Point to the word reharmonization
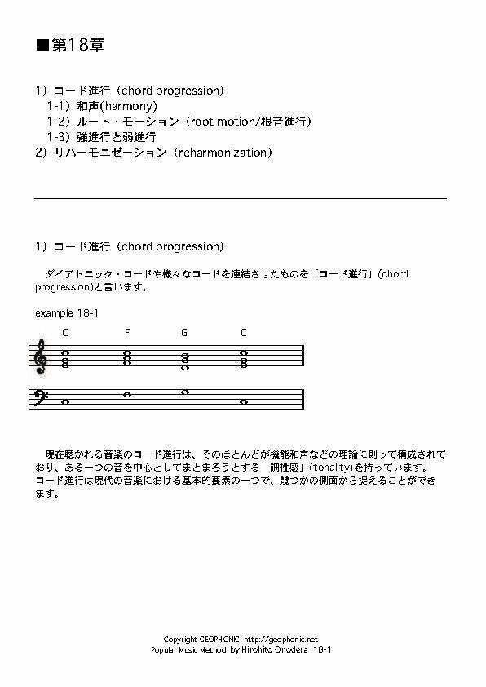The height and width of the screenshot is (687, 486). tap(221, 153)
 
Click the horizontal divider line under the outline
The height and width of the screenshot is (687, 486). tap(241, 198)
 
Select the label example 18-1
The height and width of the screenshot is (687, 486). tap(68, 312)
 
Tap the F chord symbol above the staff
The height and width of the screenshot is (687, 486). tap(127, 333)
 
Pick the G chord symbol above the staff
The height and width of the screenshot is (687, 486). tap(184, 333)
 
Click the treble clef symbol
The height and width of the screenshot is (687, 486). tap(41, 357)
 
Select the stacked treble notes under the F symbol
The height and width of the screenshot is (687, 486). tap(127, 357)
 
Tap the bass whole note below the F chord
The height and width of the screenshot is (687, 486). tap(127, 395)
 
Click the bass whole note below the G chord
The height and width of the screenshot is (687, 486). tap(185, 392)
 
